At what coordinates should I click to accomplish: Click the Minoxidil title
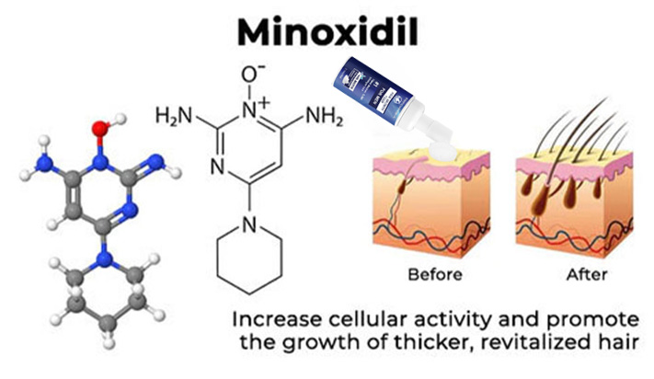tap(327, 32)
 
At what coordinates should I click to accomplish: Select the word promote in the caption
tap(600, 320)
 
